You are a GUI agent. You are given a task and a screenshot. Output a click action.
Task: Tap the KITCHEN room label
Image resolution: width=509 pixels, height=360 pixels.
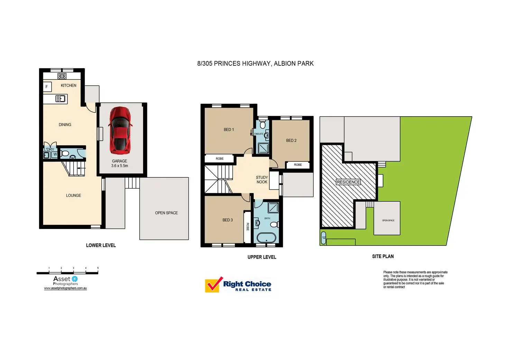68,85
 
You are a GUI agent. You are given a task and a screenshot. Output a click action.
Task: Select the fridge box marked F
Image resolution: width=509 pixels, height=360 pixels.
47,87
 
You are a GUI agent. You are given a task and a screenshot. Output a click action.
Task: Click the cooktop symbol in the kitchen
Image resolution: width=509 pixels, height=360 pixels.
62,76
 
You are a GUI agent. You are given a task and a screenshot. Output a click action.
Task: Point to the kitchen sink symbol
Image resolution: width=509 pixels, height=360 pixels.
61,99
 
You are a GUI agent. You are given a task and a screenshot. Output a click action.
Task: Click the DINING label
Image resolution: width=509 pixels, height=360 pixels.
65,124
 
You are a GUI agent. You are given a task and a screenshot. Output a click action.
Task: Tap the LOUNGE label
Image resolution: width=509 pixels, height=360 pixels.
73,195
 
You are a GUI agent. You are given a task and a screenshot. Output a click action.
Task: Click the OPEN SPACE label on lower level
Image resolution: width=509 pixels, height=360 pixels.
166,213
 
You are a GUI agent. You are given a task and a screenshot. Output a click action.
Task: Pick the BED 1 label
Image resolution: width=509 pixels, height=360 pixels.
229,130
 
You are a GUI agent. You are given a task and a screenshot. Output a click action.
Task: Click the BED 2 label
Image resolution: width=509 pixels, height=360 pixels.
291,140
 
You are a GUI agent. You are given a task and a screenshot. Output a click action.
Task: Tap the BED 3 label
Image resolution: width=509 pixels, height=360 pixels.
228,220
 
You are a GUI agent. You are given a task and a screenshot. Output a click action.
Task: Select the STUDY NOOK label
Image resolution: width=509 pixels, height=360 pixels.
262,179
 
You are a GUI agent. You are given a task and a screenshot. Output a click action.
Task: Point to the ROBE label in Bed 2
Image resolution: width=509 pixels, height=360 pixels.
298,165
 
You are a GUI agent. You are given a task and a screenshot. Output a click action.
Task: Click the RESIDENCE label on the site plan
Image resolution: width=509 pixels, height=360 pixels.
348,182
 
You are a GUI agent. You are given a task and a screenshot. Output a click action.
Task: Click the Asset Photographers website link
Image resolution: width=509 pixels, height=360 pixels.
65,288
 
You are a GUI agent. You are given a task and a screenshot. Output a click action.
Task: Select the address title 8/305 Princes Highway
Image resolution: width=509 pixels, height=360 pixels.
255,64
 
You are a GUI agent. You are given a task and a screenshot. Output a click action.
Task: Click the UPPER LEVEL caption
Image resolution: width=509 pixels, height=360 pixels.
262,257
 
